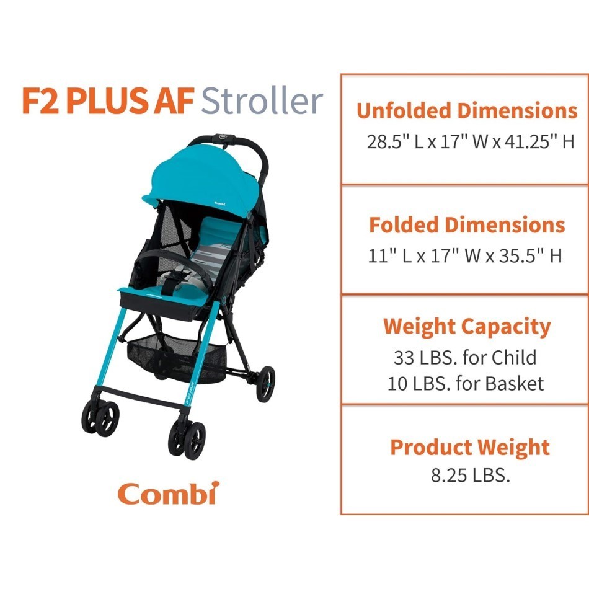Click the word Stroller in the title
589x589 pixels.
pyautogui.click(x=262, y=101)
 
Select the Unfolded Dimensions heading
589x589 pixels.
pyautogui.click(x=467, y=111)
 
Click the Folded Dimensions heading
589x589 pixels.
pyautogui.click(x=467, y=224)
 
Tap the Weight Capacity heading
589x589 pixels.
pyautogui.click(x=467, y=326)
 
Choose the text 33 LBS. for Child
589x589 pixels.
pyautogui.click(x=465, y=357)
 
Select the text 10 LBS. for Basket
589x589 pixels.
pyautogui.click(x=466, y=383)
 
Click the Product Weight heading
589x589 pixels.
pyautogui.click(x=470, y=447)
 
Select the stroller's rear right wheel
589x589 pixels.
pyautogui.click(x=266, y=383)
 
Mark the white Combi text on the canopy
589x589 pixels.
pyautogui.click(x=219, y=202)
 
